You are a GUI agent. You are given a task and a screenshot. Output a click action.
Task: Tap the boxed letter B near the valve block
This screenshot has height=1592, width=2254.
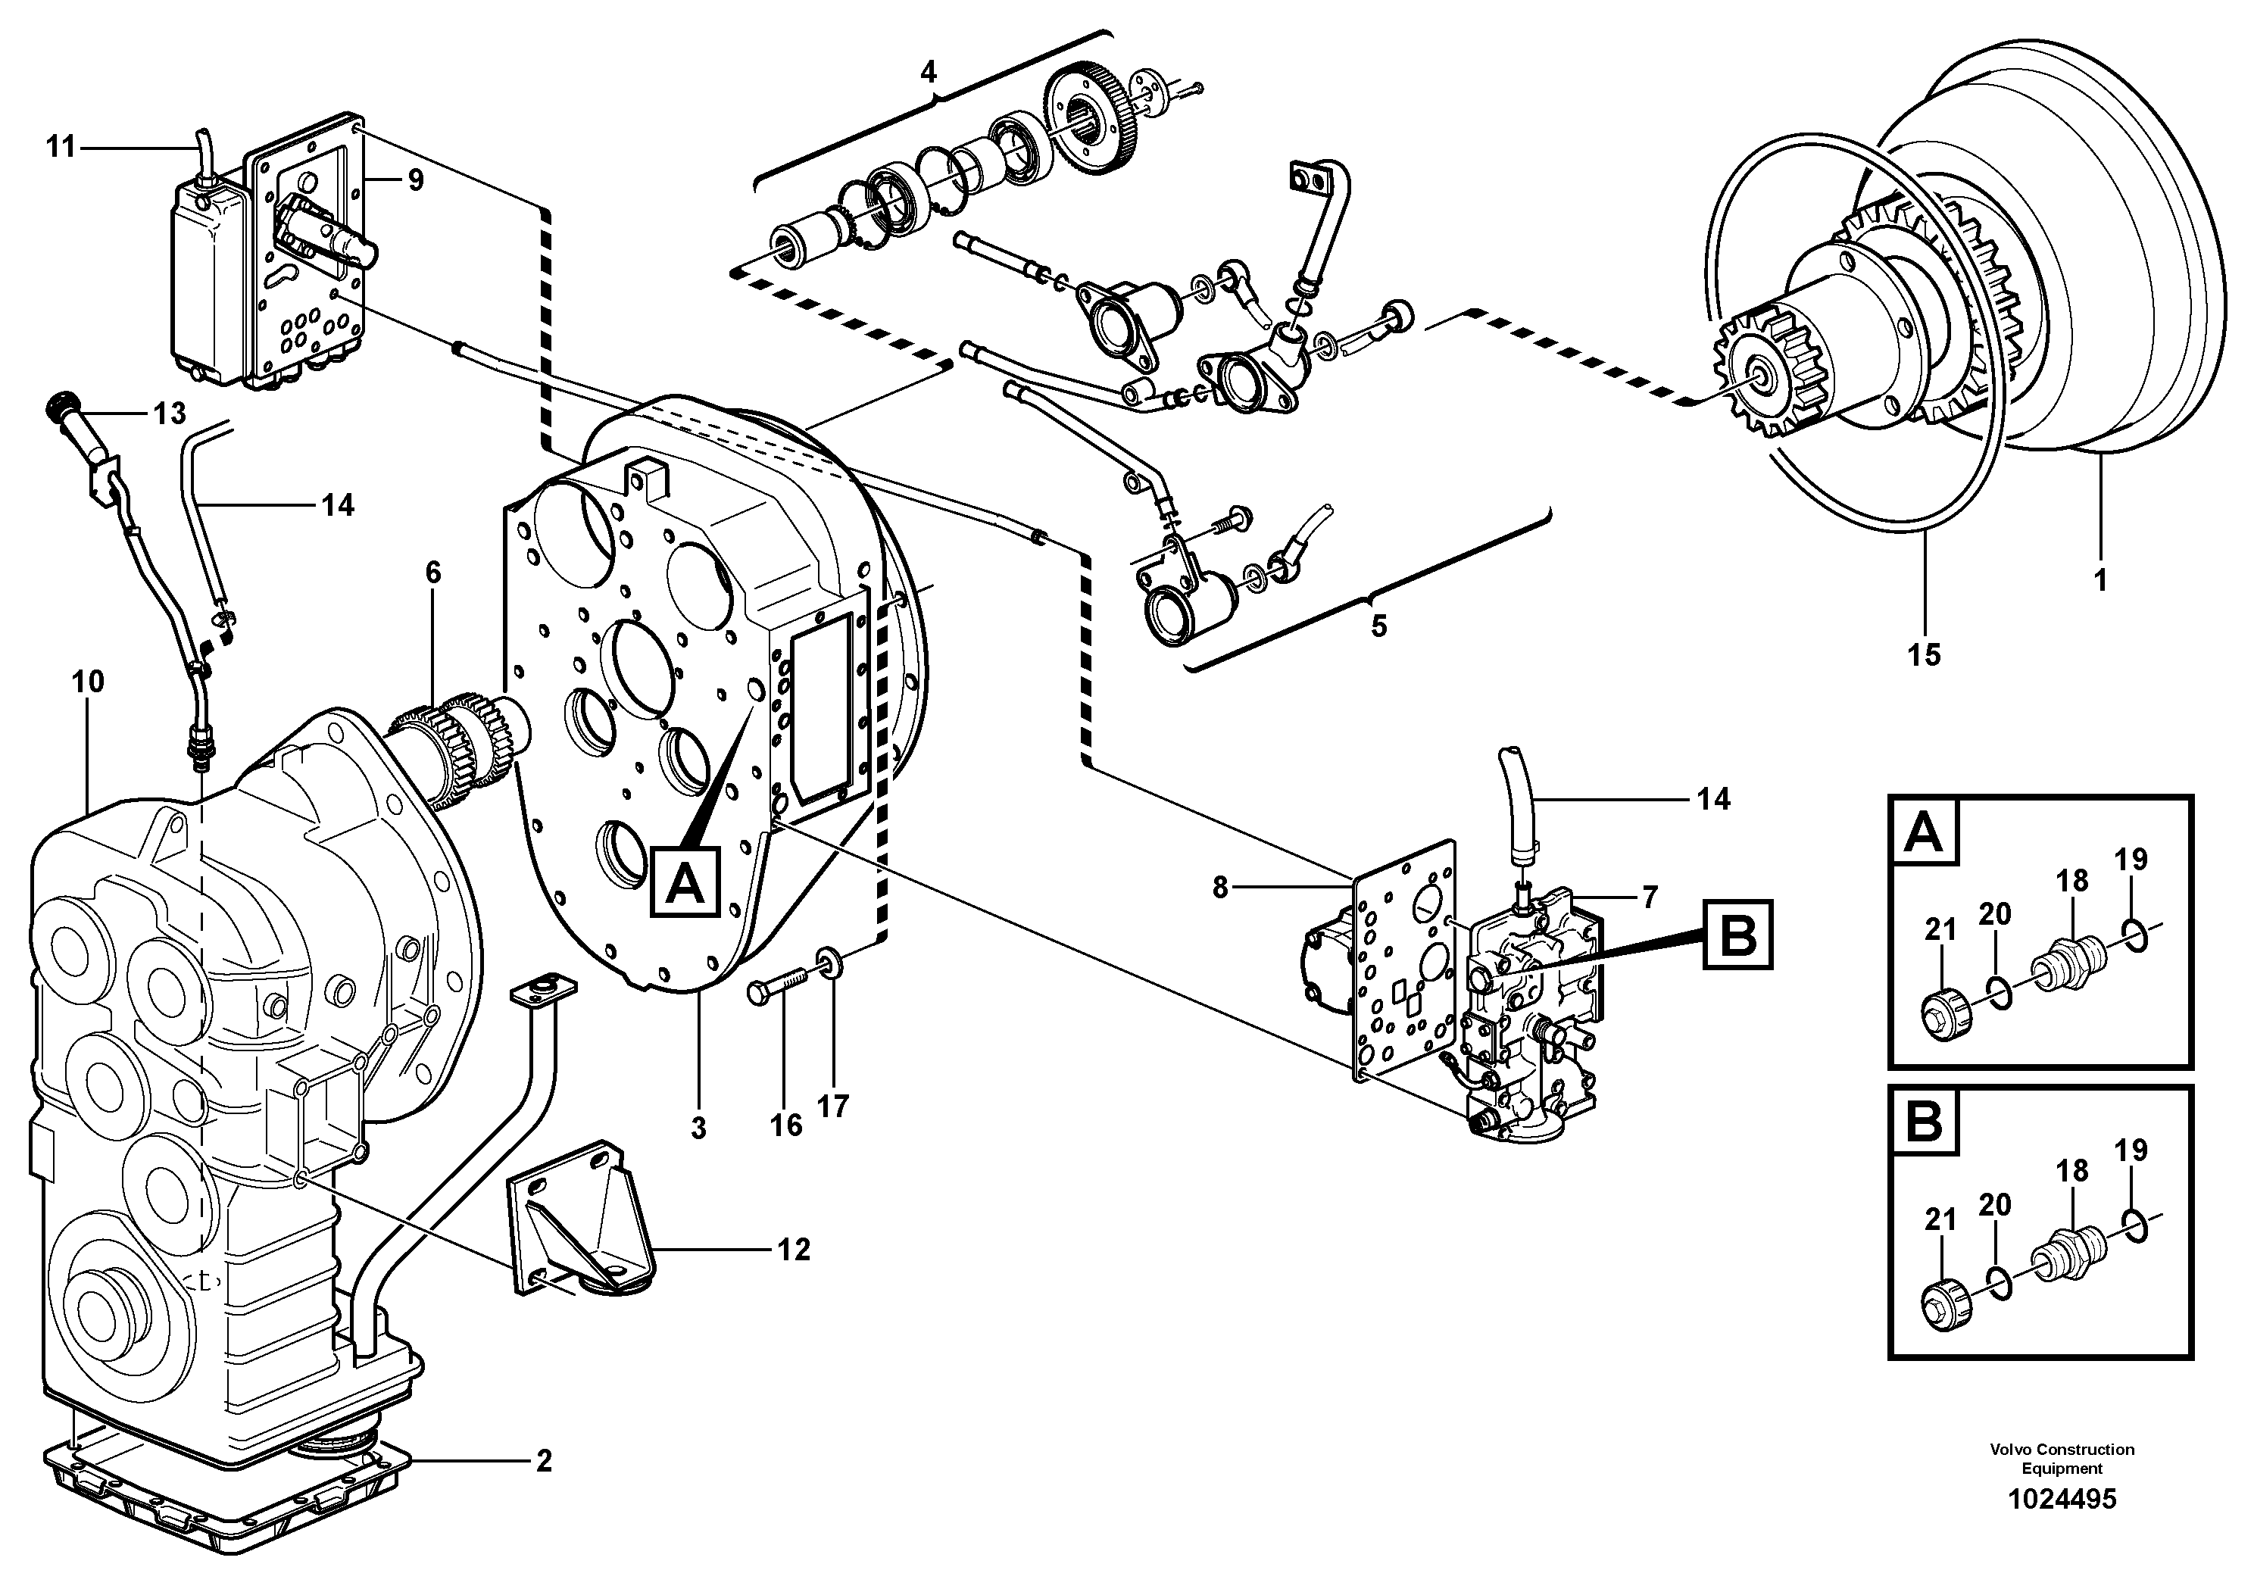1737,935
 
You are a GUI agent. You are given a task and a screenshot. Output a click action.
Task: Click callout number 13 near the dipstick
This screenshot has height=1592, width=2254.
169,414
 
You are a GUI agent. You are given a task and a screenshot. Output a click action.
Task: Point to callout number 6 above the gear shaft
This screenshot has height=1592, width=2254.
433,573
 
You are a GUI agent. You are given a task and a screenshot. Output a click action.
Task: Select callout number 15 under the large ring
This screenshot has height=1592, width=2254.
1923,654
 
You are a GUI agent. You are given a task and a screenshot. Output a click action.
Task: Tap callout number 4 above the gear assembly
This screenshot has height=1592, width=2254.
928,70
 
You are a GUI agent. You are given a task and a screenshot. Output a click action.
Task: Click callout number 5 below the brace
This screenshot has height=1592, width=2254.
1378,626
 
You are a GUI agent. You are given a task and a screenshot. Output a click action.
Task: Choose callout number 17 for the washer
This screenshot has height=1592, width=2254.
832,1107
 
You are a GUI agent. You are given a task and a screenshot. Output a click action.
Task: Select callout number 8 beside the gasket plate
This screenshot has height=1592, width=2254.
1219,888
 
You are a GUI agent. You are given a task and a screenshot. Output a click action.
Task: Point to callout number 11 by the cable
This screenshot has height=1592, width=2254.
61,147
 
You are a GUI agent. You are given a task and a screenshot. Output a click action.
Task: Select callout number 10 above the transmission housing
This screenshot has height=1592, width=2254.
89,681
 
